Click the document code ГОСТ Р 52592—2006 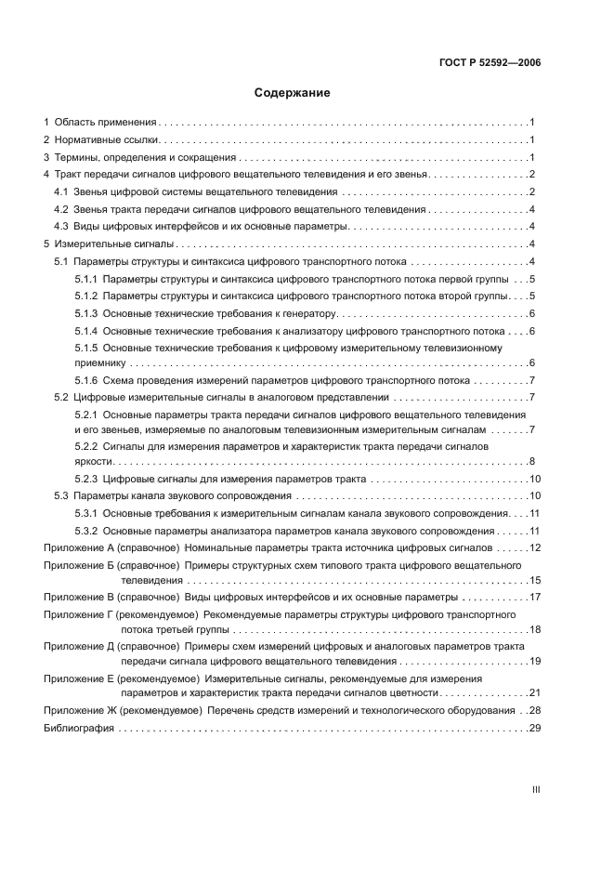coord(490,63)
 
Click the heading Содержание coord(293,93)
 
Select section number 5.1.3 coord(85,313)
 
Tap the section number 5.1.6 coord(85,380)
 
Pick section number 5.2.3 coord(85,480)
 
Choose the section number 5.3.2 coord(85,531)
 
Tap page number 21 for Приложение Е coord(534,693)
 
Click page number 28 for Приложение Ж coord(534,711)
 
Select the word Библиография coord(79,729)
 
